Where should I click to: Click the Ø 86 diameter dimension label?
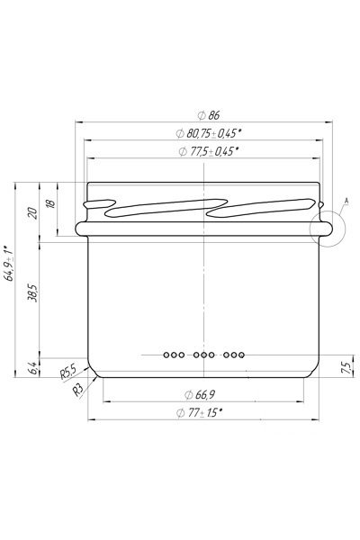[209, 115]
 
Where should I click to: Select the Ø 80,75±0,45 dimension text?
[208, 133]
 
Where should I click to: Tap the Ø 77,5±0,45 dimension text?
[209, 151]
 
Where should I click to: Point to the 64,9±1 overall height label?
[9, 264]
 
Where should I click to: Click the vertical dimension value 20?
[33, 213]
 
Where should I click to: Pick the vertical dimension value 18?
[50, 203]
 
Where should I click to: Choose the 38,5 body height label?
[32, 292]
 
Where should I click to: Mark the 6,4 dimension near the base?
[33, 368]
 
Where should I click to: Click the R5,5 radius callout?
[67, 371]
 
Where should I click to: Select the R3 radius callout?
[78, 390]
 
